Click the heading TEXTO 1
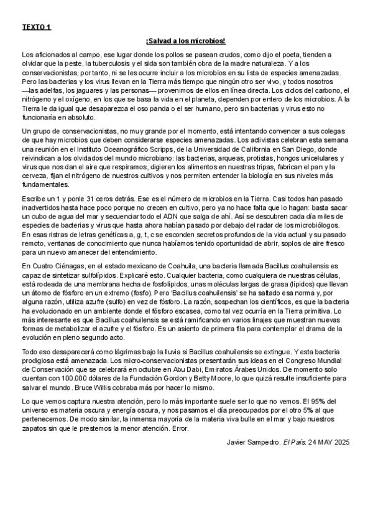click(36, 28)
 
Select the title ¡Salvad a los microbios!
click(186, 41)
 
